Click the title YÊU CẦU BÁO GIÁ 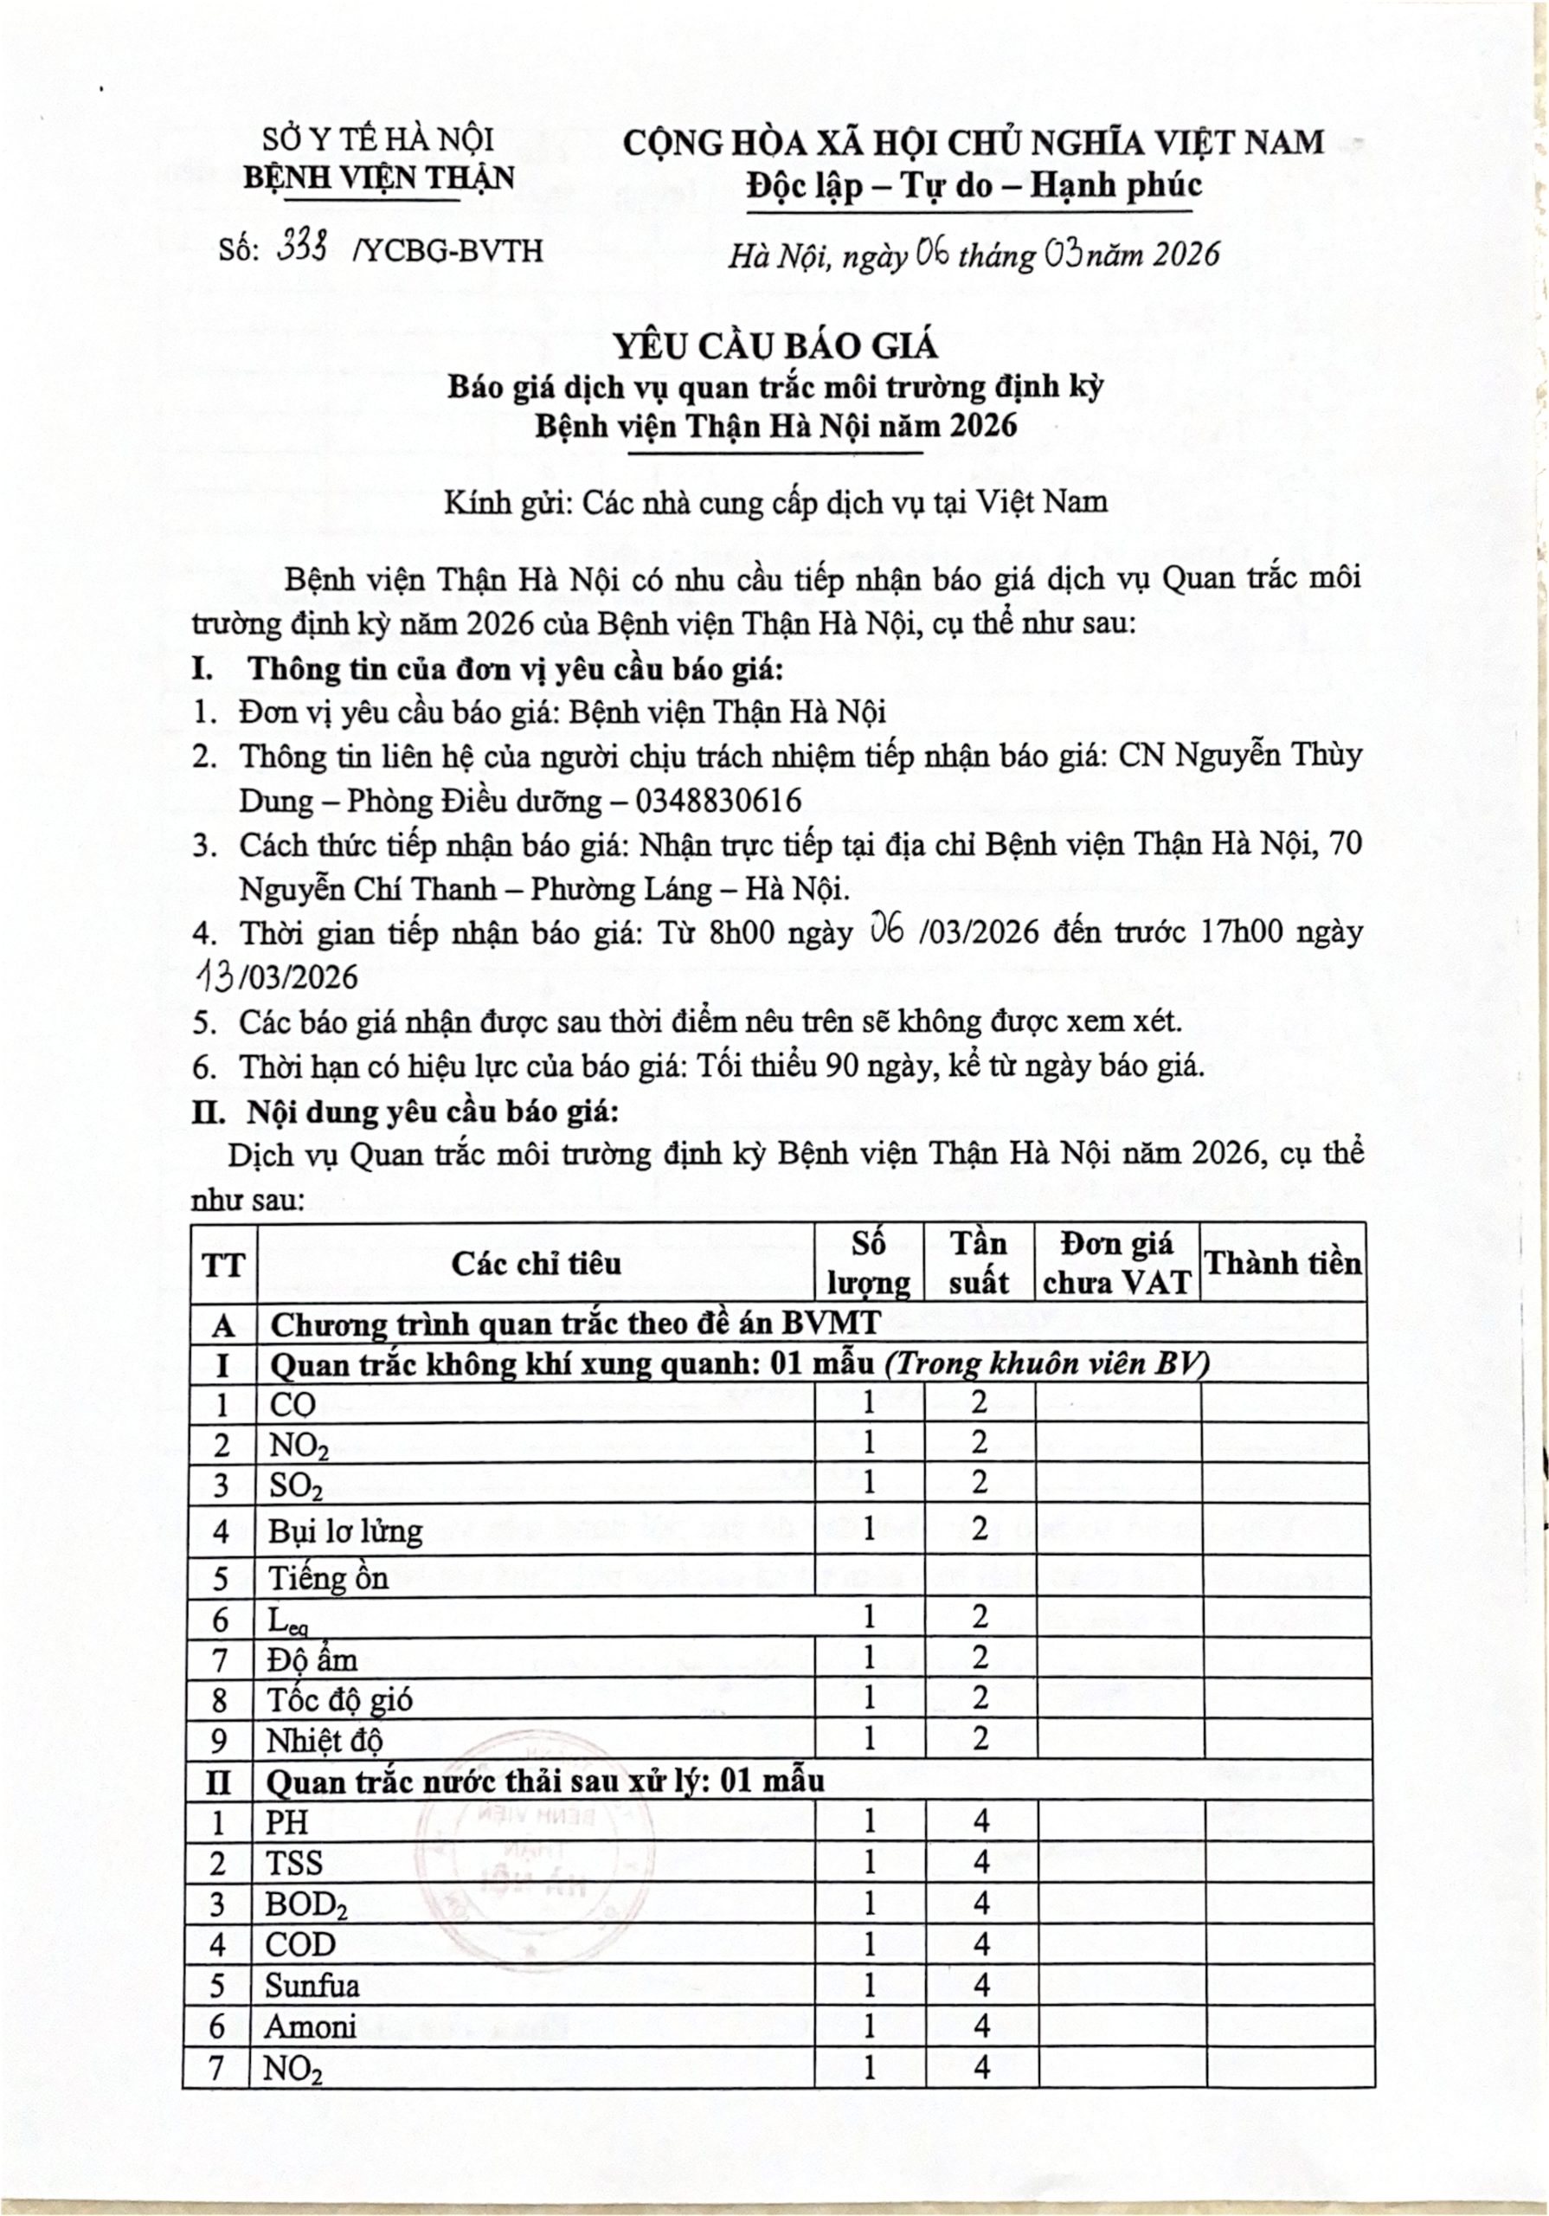point(777,345)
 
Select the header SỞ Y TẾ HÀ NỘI point(378,140)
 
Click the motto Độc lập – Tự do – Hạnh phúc point(974,184)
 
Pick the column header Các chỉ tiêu point(536,1264)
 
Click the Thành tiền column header point(1282,1264)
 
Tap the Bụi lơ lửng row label point(344,1531)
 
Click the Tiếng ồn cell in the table point(327,1578)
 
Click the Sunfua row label point(312,1986)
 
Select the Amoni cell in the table point(310,2026)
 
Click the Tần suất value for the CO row point(979,1401)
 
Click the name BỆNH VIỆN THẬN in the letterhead point(378,177)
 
